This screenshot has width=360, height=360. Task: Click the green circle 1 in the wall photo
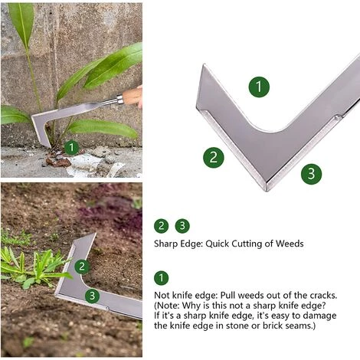[x=71, y=147]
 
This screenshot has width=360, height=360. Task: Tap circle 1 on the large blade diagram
[x=259, y=87]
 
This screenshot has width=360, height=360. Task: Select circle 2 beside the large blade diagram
[x=214, y=158]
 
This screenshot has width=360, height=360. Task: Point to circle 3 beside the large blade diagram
[x=311, y=174]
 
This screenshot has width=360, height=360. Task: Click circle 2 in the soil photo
[x=82, y=267]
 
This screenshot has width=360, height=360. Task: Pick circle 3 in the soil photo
[x=92, y=296]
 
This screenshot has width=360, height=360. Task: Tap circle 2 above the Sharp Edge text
[x=161, y=226]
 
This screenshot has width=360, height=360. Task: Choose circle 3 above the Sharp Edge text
[x=182, y=226]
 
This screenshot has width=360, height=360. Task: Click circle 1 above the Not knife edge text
[x=161, y=278]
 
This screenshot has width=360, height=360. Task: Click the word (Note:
[x=171, y=305]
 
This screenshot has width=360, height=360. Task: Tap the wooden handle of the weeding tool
[x=132, y=97]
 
